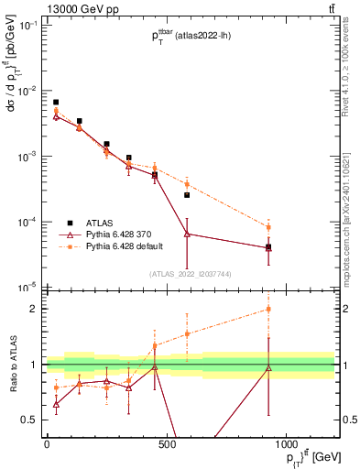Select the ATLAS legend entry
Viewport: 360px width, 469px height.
99,223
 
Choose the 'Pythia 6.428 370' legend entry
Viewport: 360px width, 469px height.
119,234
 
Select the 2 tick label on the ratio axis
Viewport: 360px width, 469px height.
33,309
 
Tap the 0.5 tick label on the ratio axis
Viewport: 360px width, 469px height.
29,420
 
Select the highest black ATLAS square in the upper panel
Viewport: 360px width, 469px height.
56,103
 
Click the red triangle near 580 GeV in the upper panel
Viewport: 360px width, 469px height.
187,234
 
